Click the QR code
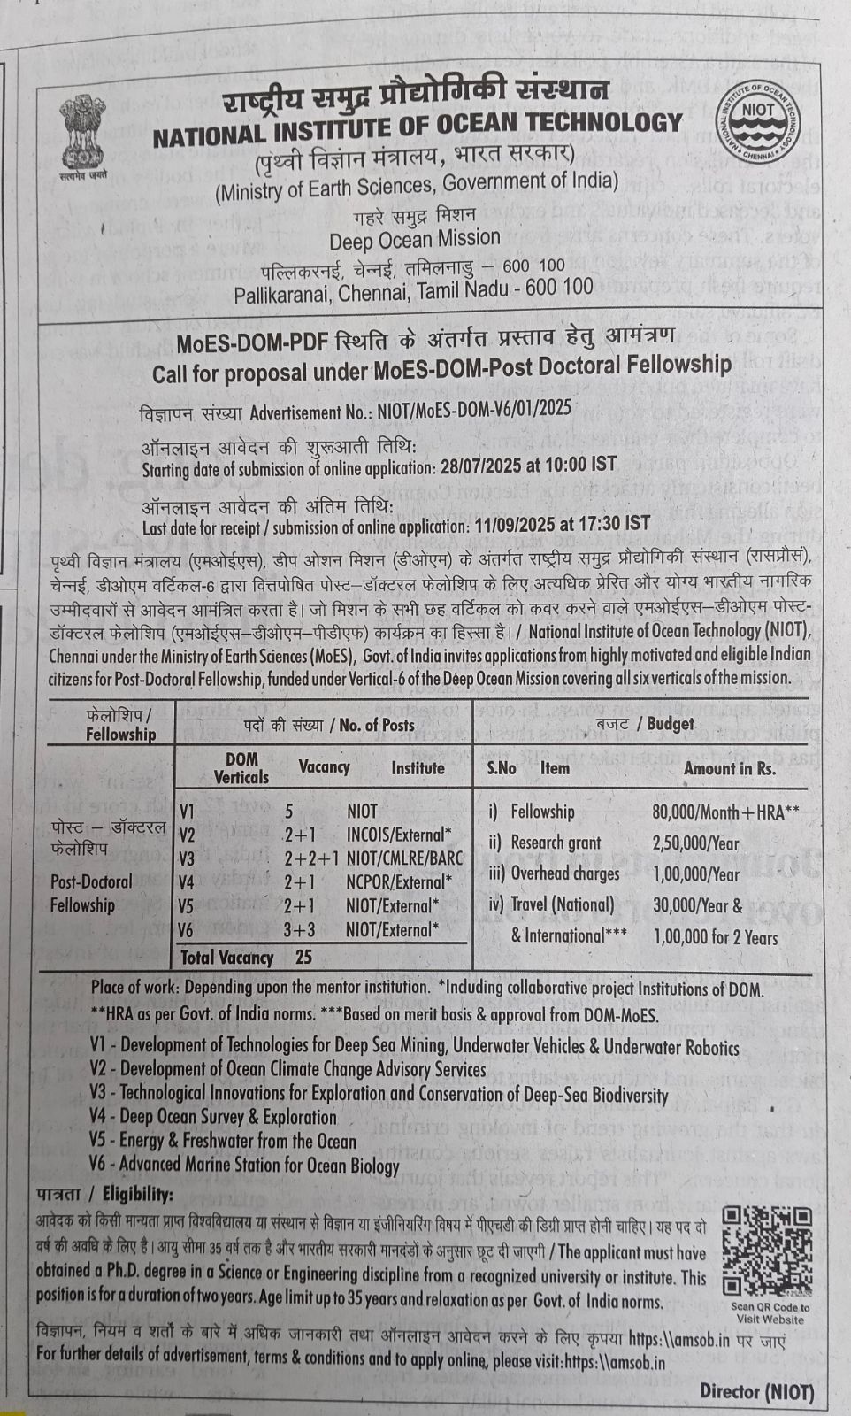pos(766,1251)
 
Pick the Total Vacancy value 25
pos(304,958)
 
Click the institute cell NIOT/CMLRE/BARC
pos(404,858)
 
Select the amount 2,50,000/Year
pos(696,843)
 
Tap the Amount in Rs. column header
pos(730,768)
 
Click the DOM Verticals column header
pos(241,768)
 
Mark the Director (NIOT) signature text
pos(756,1391)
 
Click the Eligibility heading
pos(104,1195)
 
